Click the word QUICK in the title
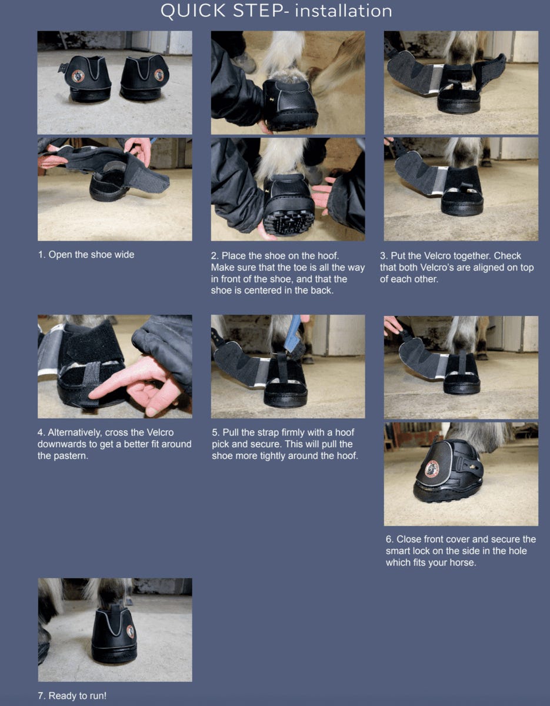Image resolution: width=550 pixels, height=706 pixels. (x=193, y=11)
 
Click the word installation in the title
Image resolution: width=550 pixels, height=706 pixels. (x=344, y=11)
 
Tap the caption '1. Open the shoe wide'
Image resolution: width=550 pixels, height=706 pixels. (x=86, y=255)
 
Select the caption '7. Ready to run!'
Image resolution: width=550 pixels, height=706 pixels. (x=72, y=695)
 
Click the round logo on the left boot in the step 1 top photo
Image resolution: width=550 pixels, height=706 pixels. (x=78, y=76)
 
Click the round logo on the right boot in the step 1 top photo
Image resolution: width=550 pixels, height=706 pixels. (x=159, y=75)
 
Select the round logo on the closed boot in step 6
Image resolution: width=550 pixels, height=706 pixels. (x=432, y=468)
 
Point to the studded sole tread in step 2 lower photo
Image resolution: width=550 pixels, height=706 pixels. (x=290, y=222)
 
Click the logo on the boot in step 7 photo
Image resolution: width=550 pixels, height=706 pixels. (x=130, y=632)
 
